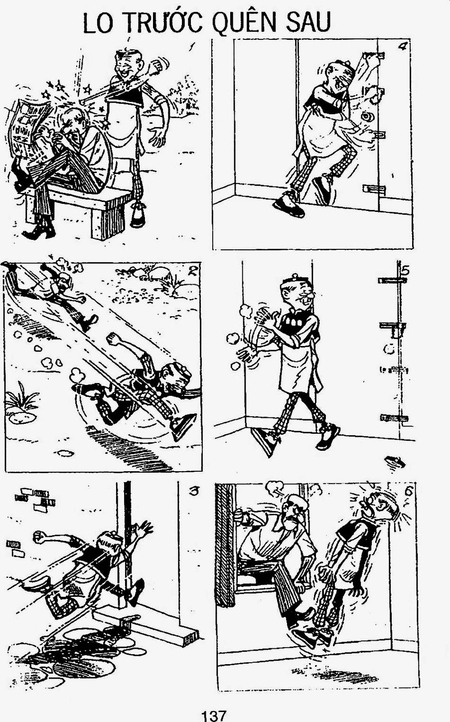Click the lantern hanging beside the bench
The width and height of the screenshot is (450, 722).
(x=138, y=214)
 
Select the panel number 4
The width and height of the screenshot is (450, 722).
(x=403, y=46)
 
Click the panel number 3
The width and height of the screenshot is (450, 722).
(x=194, y=492)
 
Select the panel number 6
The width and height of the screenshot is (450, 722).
(x=408, y=491)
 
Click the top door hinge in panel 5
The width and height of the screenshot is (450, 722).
(x=392, y=280)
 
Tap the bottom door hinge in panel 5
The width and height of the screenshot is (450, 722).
(x=394, y=418)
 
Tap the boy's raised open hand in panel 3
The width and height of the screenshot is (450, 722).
(x=144, y=529)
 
